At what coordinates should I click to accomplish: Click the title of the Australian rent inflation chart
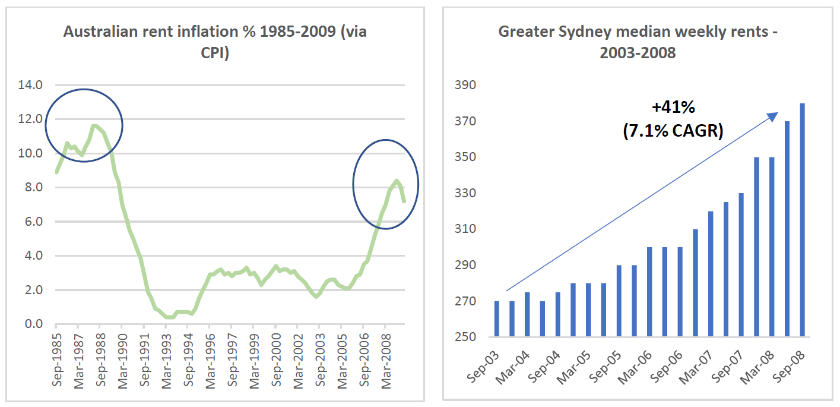[215, 41]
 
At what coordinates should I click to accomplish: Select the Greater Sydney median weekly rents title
[638, 41]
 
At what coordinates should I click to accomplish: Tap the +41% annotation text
[673, 108]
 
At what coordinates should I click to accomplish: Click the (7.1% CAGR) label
[673, 130]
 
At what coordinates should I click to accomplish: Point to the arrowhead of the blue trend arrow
[774, 115]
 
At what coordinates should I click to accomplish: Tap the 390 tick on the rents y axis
[465, 86]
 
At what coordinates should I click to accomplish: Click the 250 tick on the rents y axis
[465, 337]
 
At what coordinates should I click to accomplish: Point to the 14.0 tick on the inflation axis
[30, 85]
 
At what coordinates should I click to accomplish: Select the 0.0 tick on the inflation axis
[30, 324]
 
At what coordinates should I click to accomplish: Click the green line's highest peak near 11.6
[94, 125]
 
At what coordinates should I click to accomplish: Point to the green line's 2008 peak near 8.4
[397, 180]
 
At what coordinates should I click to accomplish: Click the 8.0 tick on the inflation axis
[30, 188]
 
